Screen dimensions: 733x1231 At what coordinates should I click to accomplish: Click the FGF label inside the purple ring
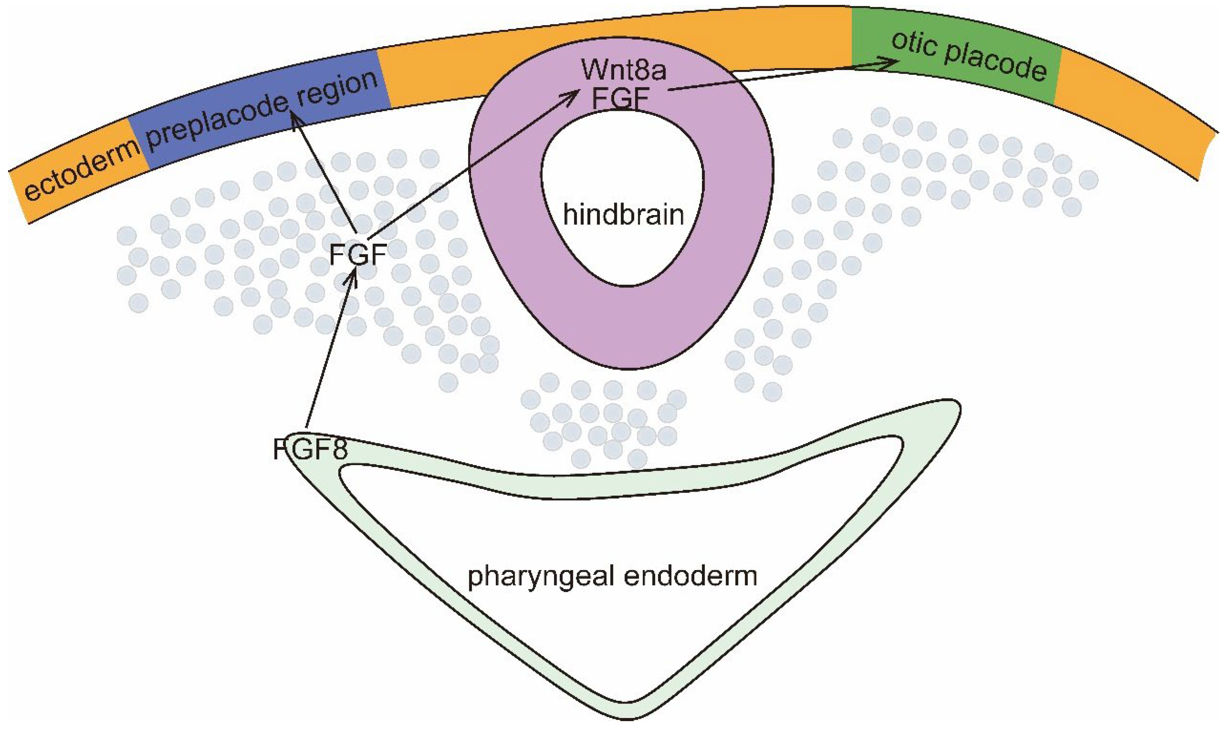click(x=620, y=98)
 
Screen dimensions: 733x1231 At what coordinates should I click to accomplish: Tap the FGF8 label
click(x=310, y=449)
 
